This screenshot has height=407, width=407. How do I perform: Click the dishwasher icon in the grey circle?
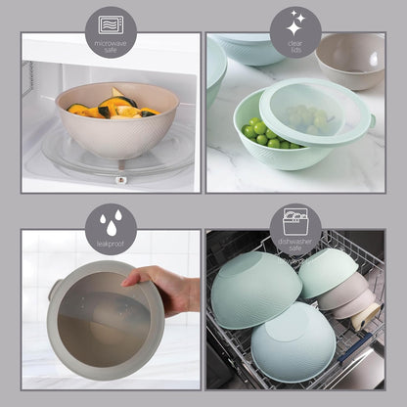pos(295,219)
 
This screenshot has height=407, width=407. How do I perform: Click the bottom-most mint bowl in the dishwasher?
pos(293,342)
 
